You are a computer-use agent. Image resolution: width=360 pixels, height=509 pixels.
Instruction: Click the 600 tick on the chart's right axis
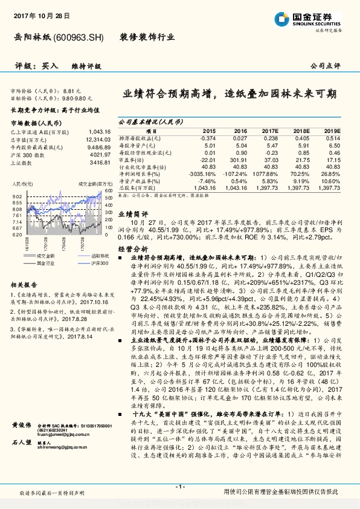[x=108, y=190]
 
